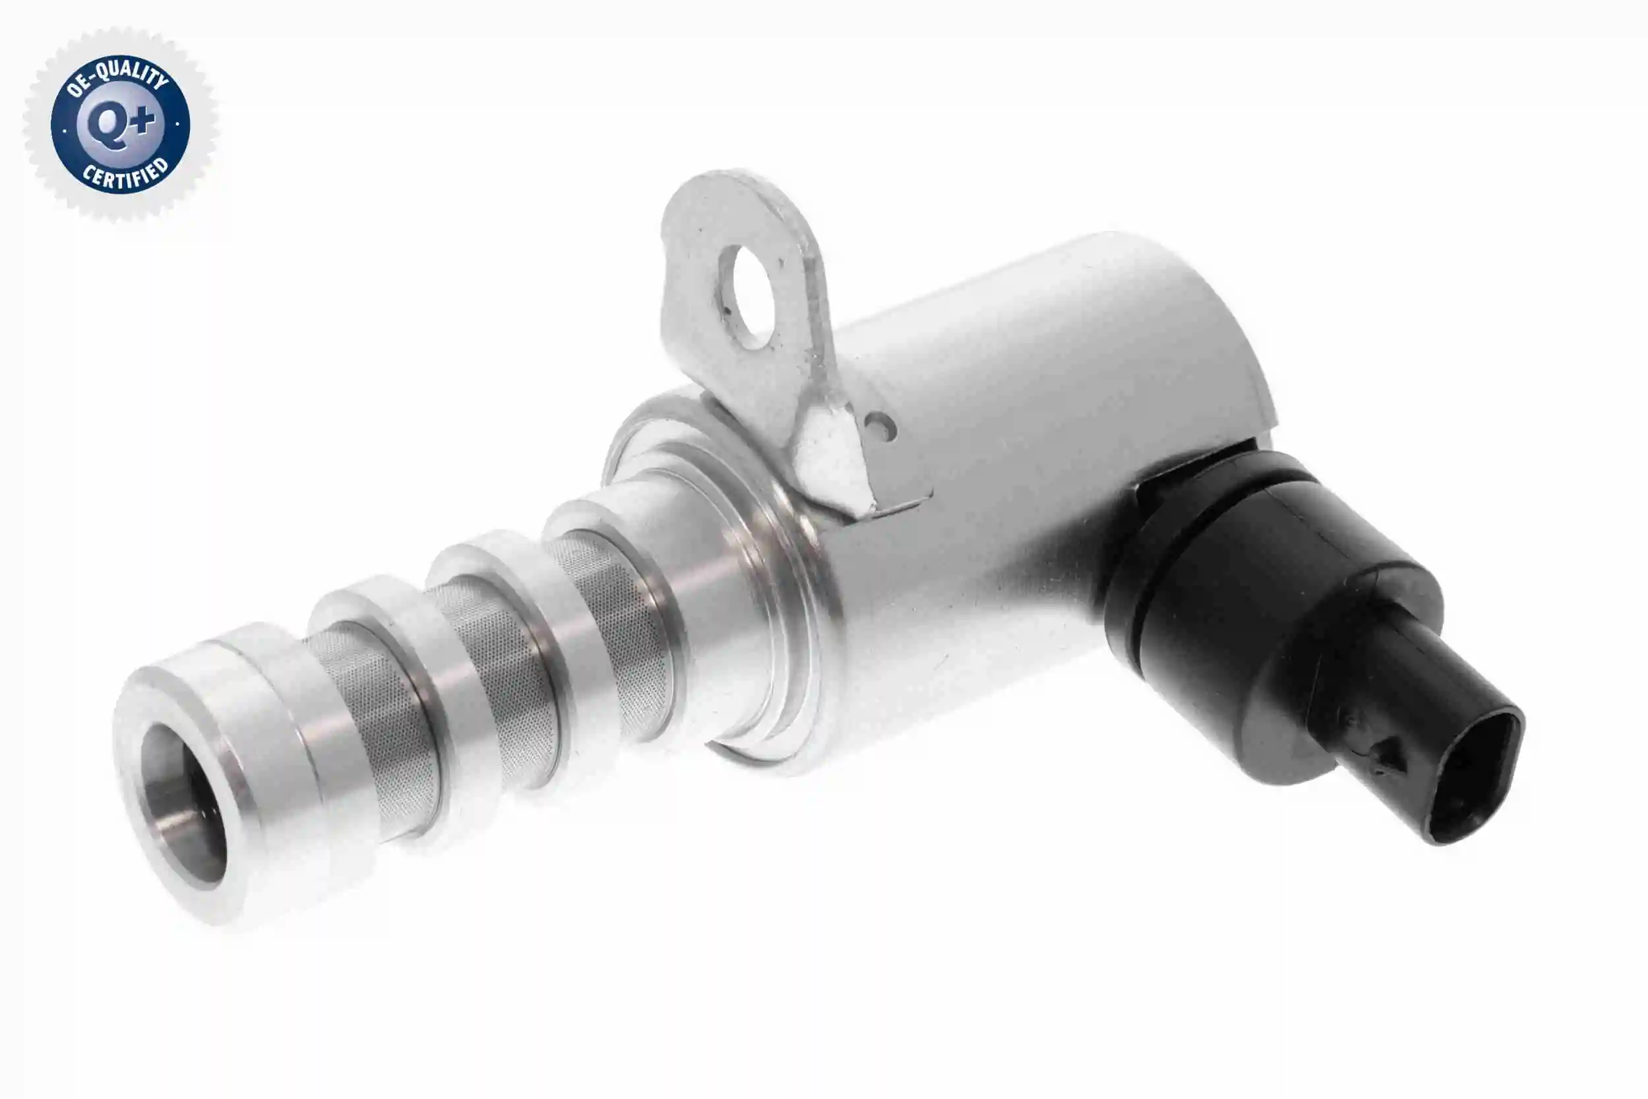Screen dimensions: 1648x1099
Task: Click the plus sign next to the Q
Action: [144, 120]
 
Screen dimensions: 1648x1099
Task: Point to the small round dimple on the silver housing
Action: [881, 426]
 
